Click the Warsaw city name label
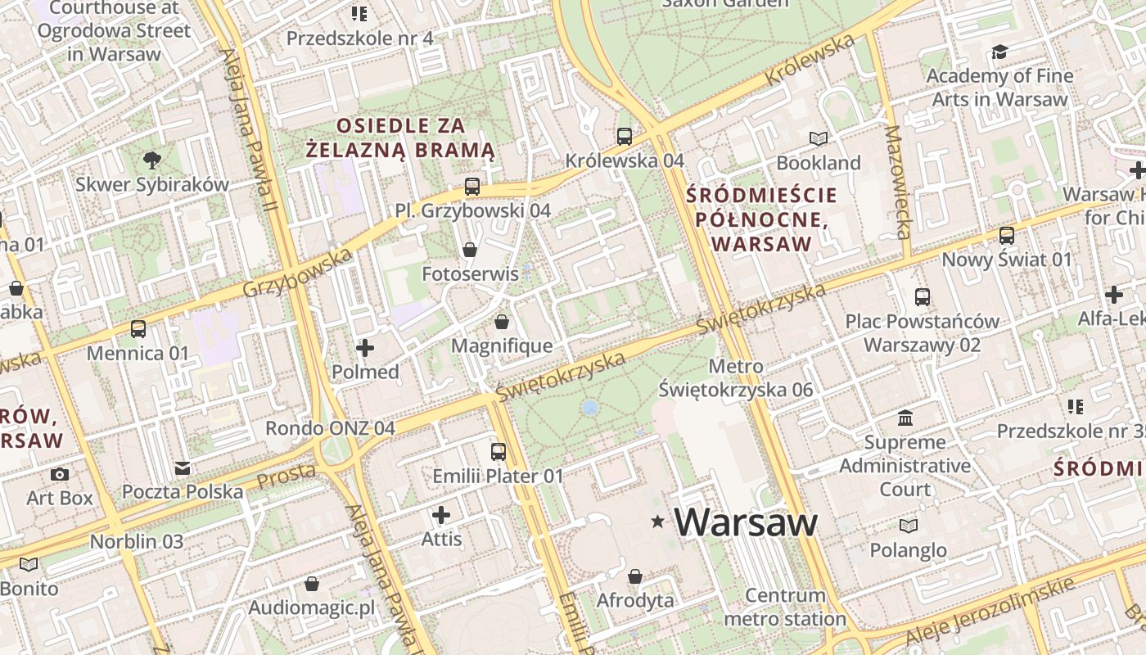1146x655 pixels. click(x=746, y=522)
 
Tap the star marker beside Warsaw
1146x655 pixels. click(x=657, y=522)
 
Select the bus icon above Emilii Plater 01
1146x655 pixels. click(x=498, y=451)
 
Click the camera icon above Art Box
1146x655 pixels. click(x=60, y=474)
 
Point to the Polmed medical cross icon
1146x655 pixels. click(x=365, y=349)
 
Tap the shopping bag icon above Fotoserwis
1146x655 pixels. click(x=470, y=249)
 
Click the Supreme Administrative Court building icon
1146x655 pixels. click(x=905, y=418)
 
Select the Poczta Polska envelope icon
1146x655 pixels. click(x=183, y=468)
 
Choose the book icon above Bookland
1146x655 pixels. click(x=819, y=138)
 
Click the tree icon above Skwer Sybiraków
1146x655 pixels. click(x=151, y=160)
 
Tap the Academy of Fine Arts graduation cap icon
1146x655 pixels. click(x=999, y=52)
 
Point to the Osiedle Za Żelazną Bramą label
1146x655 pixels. click(x=401, y=138)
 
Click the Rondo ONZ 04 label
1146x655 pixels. click(x=330, y=428)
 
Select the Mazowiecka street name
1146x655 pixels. click(x=899, y=182)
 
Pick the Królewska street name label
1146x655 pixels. click(x=810, y=59)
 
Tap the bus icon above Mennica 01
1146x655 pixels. click(x=138, y=329)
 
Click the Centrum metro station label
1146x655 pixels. click(x=785, y=607)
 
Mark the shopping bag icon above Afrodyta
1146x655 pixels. click(x=635, y=576)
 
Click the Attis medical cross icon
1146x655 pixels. click(x=441, y=515)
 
